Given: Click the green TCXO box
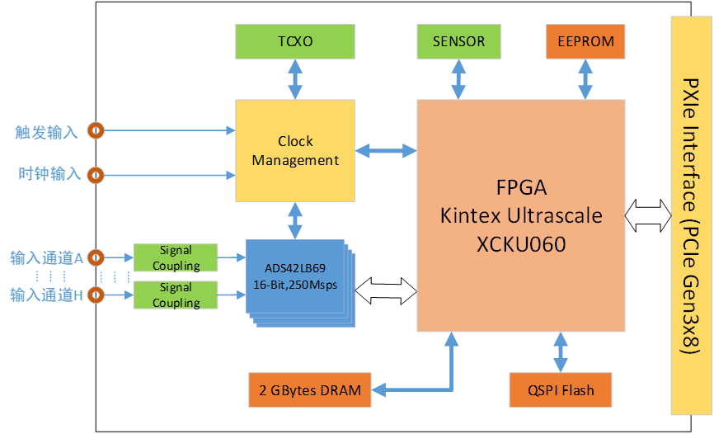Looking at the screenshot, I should (295, 41).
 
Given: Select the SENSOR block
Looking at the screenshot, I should (458, 41).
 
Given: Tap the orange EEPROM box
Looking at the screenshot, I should (585, 41).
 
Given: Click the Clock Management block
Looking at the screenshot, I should (295, 150).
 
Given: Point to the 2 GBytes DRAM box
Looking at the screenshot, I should (310, 390).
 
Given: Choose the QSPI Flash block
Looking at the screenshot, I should (561, 390).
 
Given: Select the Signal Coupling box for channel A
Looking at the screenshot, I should (176, 257).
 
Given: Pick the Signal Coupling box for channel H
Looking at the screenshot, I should (176, 295).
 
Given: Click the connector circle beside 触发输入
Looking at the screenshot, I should (96, 130).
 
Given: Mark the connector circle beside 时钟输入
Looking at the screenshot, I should (96, 175).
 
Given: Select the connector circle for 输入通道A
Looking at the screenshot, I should (96, 257).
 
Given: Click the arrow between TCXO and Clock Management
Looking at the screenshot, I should (295, 79).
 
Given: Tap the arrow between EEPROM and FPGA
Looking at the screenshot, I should (585, 79).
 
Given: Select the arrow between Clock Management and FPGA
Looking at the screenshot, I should (387, 150).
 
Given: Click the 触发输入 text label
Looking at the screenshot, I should (46, 131).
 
